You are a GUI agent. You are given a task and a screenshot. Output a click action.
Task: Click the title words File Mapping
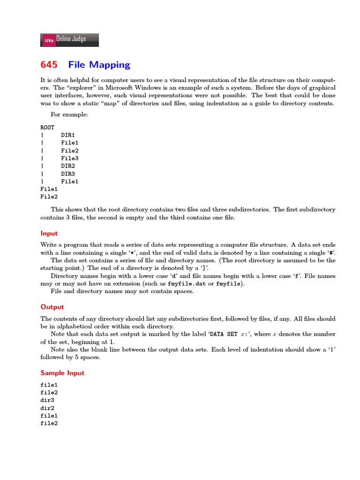point(99,65)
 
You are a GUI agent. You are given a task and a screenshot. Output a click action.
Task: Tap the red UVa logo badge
point(48,41)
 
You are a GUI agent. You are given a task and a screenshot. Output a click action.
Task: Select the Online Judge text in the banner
point(71,39)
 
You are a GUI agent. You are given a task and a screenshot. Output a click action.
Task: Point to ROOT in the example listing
point(47,127)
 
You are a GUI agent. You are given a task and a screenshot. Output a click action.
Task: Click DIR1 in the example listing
point(68,135)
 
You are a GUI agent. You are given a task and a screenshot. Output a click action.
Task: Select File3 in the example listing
point(70,158)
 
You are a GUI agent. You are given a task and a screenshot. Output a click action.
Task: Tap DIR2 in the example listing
point(68,166)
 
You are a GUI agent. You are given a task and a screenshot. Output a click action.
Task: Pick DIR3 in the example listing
point(68,173)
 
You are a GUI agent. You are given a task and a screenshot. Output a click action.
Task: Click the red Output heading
point(52,307)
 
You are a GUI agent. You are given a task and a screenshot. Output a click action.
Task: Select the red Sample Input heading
point(62,373)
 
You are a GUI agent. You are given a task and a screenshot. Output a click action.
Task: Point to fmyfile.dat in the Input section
point(186,284)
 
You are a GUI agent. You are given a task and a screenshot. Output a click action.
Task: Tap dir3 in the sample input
point(47,400)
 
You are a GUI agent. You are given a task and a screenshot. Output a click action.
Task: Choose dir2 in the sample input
point(47,408)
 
